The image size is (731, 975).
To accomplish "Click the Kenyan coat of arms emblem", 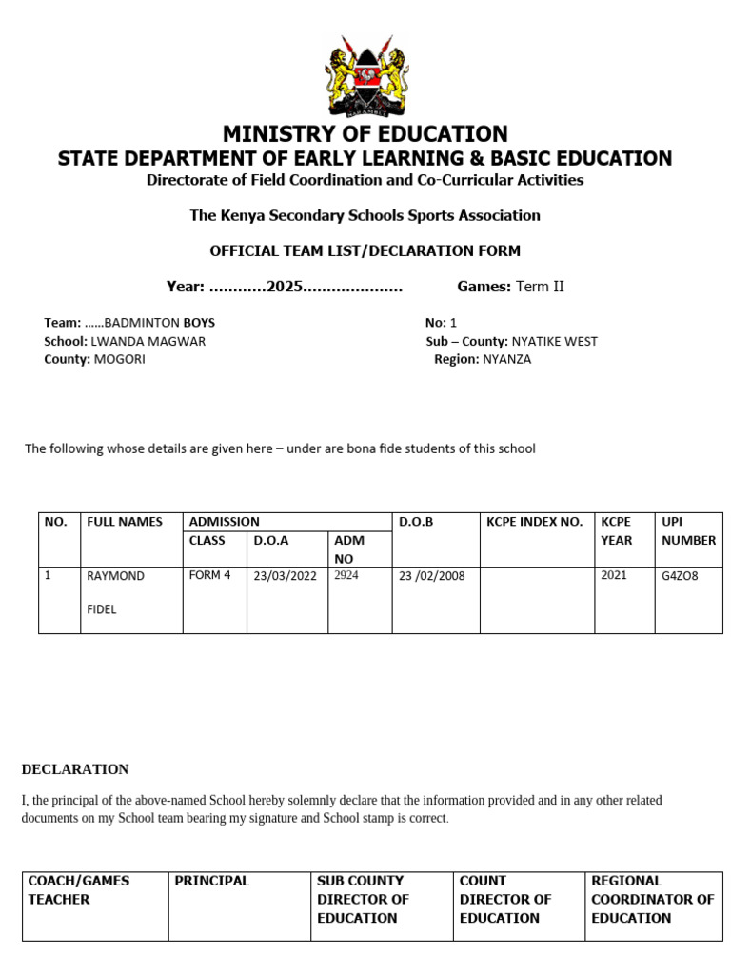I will click(365, 76).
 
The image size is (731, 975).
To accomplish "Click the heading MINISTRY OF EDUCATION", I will click(365, 134).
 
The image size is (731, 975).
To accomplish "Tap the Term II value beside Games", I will click(540, 287).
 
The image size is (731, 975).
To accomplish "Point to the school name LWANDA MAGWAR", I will click(148, 341).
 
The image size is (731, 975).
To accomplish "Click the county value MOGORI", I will click(119, 359).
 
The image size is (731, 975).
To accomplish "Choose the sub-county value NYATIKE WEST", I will click(554, 341).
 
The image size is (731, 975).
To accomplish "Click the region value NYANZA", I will click(506, 359).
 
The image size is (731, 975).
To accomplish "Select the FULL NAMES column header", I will click(125, 522).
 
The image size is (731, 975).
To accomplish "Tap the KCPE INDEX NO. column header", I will click(534, 522).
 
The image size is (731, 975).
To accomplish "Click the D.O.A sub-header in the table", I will click(271, 540).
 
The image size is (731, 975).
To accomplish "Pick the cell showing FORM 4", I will click(209, 575).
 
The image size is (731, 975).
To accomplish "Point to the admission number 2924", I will click(346, 575).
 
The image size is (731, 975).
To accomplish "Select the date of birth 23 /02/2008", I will click(432, 576).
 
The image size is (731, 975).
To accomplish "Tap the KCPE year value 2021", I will click(614, 575).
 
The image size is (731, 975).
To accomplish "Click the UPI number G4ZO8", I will click(680, 576).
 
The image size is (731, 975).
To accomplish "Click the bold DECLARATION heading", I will click(75, 769).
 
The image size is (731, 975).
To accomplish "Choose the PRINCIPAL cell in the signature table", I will click(211, 881).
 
